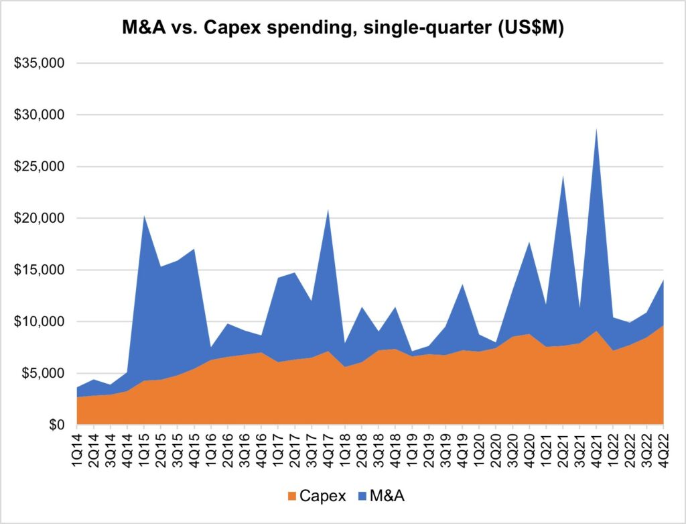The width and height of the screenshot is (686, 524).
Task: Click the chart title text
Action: click(x=342, y=28)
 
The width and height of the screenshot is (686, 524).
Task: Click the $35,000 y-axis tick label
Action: click(x=38, y=64)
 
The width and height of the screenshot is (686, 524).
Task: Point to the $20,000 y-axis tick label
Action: click(x=38, y=219)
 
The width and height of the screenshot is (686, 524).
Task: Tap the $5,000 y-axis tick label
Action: click(x=41, y=374)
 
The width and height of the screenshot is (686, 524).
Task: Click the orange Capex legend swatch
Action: click(x=291, y=496)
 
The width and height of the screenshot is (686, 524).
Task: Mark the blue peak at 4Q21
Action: click(x=596, y=129)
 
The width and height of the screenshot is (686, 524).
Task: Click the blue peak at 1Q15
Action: click(x=144, y=216)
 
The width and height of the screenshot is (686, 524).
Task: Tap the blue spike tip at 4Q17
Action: click(x=328, y=210)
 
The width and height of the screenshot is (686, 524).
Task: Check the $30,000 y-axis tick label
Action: click(x=38, y=115)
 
